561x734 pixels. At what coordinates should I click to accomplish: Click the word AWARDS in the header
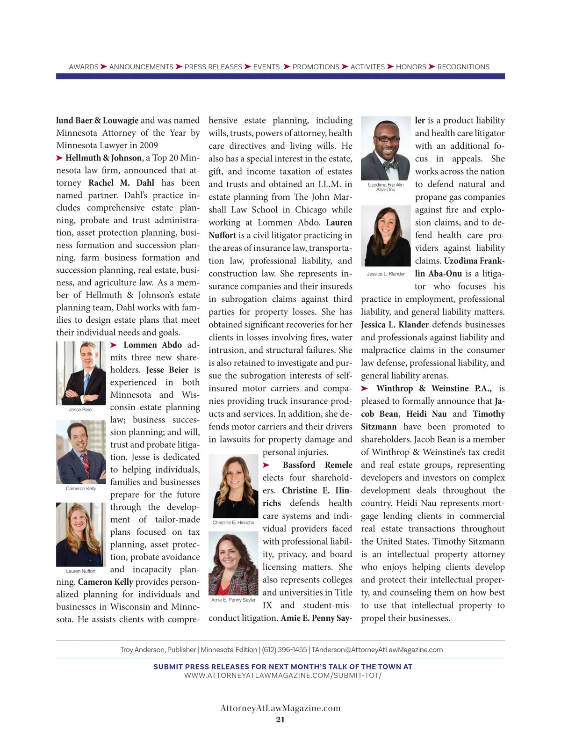tap(84, 67)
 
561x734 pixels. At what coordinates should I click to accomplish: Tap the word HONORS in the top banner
tap(411, 67)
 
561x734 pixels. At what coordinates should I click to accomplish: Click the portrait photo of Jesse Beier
tap(81, 373)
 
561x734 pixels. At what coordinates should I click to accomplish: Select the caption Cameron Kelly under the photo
tap(81, 488)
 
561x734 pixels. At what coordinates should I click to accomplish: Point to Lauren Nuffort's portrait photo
tap(81, 534)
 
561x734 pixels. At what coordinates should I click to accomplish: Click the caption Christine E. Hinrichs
tap(233, 523)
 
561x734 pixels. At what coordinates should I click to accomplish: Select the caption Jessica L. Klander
tap(386, 274)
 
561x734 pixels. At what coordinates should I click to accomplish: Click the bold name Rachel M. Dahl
tap(121, 183)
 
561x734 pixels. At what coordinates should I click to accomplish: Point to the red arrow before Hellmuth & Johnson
tap(59, 158)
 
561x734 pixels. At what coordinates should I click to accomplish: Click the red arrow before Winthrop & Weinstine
tap(365, 388)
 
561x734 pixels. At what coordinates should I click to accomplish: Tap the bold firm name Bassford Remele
tap(317, 465)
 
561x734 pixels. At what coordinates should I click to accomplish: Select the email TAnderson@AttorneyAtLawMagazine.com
tap(377, 650)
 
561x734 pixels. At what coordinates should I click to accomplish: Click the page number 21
tap(280, 719)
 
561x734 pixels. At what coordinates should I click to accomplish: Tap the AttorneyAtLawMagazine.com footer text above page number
tap(280, 708)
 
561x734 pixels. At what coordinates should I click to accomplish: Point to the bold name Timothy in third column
tap(489, 414)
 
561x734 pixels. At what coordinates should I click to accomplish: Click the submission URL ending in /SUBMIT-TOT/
tap(283, 676)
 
